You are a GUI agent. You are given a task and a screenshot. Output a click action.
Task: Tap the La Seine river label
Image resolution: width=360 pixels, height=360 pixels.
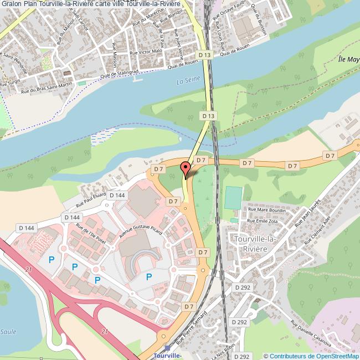point(187,82)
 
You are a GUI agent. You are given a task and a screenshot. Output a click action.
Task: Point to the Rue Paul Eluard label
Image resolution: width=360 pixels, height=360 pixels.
point(86,199)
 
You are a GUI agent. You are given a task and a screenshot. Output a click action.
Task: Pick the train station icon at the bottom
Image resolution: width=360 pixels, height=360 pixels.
point(167,349)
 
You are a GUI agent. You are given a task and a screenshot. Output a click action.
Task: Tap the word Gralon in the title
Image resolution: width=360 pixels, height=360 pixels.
point(13,4)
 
